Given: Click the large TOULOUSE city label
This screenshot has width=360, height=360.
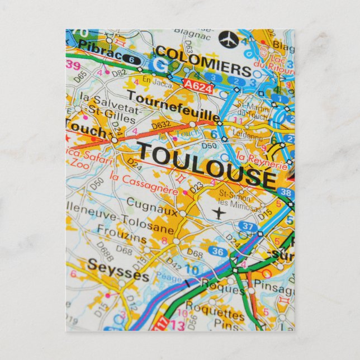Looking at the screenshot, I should pos(207,164).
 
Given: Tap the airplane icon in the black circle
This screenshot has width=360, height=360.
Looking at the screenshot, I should pos(228,40).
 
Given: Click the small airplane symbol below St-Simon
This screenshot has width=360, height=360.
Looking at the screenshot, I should pos(219,213).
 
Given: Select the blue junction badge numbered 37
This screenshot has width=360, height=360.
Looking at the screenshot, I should pos(248,226).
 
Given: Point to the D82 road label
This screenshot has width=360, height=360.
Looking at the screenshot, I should pos(119,73).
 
